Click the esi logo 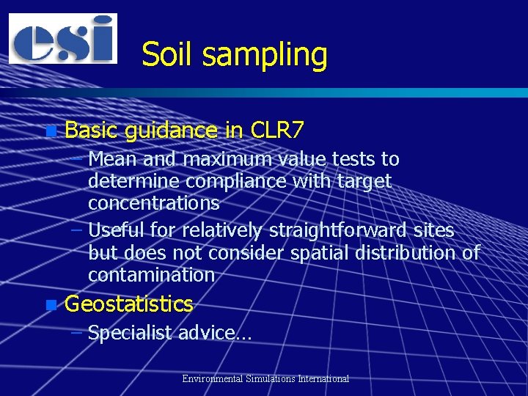click(x=63, y=38)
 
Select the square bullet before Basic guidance click(x=50, y=132)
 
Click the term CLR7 click(x=276, y=131)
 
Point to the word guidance click(x=171, y=132)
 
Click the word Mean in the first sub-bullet click(x=111, y=159)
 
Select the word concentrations click(x=153, y=202)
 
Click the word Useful click(x=116, y=231)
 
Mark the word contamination click(x=151, y=275)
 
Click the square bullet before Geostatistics click(x=50, y=304)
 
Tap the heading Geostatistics click(x=129, y=304)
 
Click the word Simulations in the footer click(x=272, y=379)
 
